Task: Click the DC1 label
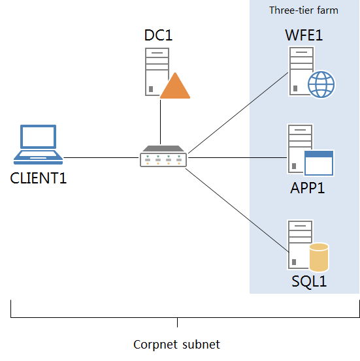pos(158,35)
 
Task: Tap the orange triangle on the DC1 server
pos(175,86)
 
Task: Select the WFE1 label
pos(304,35)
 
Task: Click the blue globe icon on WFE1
pos(321,84)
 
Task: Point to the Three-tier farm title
pos(304,10)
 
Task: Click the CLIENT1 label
pos(39,178)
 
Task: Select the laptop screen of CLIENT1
pos(39,136)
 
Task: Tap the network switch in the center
pos(163,156)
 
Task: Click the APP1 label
pos(308,188)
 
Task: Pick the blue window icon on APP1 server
pos(319,163)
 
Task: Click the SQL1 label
pos(309,281)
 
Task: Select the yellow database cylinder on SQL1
pos(319,257)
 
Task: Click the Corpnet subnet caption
pos(177,345)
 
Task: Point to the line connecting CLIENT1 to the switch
pos(101,158)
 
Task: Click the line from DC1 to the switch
pos(161,122)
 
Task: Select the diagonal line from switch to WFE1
pos(238,113)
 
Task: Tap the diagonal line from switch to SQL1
pos(237,210)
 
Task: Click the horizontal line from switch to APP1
pos(238,158)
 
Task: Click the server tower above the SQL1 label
pos(300,245)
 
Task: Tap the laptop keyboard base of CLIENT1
pos(39,157)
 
